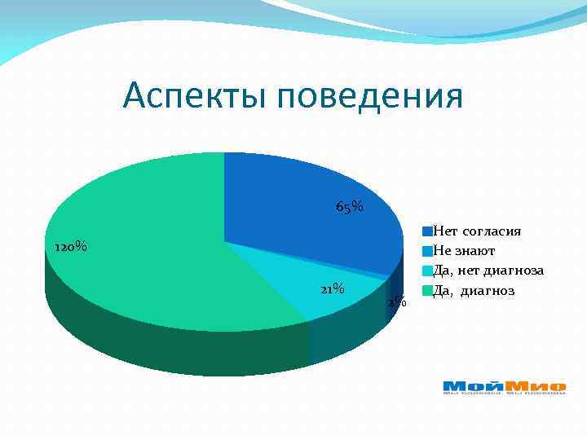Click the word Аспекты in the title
tap(196, 97)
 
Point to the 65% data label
tap(350, 207)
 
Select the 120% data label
tap(70, 247)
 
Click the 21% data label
tap(332, 289)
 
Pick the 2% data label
tap(396, 302)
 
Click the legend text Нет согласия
tap(477, 231)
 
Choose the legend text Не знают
tap(464, 251)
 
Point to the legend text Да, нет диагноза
tap(488, 271)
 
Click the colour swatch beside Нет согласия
tap(426, 231)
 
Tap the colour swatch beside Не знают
tap(426, 251)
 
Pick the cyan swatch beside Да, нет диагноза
tap(426, 271)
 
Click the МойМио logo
tap(504, 387)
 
